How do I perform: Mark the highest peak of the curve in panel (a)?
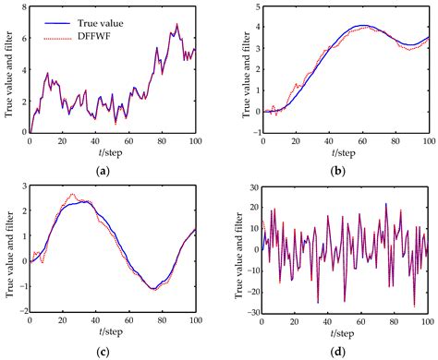point(177,24)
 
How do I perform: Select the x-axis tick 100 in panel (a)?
point(195,138)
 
